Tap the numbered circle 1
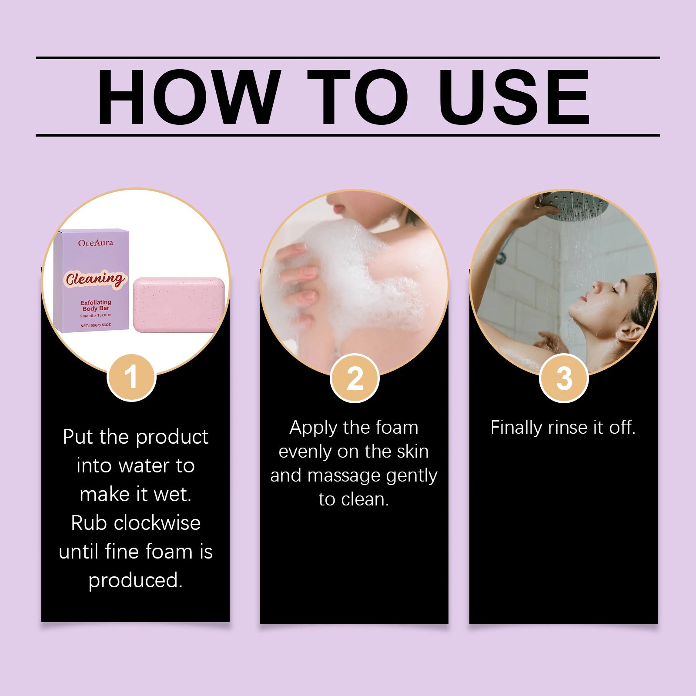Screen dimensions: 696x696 coord(131,377)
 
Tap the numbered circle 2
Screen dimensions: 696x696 coord(355,378)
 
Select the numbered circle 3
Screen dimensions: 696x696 coord(564,378)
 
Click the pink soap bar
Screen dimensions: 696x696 coord(179,304)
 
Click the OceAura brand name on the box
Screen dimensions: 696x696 coord(95,243)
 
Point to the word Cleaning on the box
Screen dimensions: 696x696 coord(95,278)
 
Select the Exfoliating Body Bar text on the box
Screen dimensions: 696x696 coord(96,305)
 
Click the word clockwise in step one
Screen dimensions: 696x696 coord(157,523)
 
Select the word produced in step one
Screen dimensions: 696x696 coord(135,580)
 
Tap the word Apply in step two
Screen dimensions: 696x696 coord(313,428)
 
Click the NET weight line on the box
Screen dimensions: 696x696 coord(96,325)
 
